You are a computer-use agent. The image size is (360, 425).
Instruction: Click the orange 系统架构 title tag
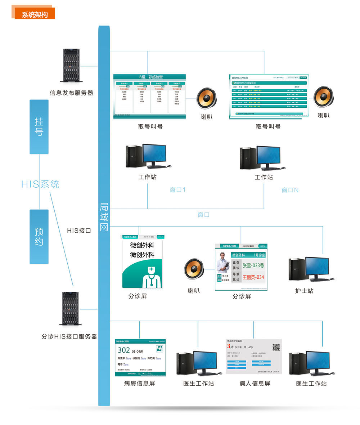35,14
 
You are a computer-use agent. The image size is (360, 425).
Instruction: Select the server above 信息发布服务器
71,66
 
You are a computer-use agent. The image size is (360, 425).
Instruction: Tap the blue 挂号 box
39,127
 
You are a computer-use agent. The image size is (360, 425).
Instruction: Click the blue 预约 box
39,237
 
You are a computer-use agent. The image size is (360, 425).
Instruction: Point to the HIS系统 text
40,184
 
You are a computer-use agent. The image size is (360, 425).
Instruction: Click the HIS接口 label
79,231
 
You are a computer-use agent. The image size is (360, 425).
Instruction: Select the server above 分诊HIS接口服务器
71,309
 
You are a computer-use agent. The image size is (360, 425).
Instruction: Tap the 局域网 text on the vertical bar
104,217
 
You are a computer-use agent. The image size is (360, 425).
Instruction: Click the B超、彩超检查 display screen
149,97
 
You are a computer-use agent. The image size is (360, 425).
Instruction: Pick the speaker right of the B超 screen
206,98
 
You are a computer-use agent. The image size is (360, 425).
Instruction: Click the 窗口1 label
177,190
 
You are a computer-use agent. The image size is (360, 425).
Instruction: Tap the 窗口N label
290,190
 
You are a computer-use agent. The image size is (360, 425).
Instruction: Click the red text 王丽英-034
253,277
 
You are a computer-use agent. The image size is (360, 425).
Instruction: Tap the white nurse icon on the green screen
152,277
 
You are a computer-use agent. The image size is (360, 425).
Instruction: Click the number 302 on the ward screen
124,350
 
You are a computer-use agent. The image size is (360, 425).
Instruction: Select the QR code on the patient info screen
276,347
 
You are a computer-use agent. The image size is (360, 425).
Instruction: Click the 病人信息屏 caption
255,384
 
